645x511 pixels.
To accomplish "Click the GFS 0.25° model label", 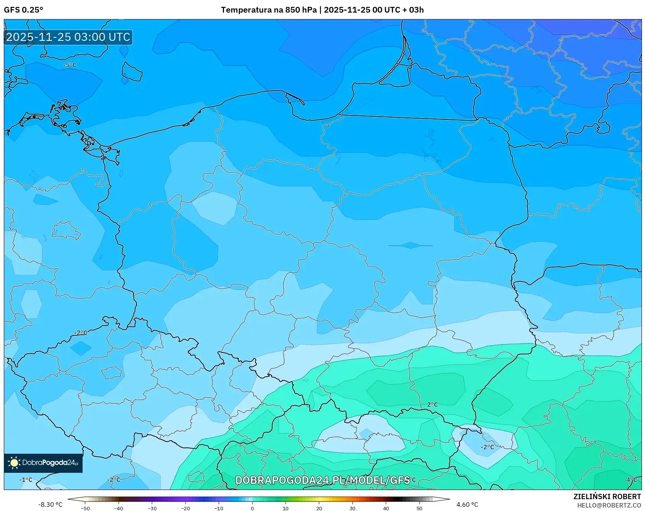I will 23,10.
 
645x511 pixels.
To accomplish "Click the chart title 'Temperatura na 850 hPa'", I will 268,10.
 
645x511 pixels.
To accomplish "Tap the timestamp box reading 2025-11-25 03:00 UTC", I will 68,37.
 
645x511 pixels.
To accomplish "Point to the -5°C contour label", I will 70,65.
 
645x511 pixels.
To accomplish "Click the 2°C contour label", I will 432,404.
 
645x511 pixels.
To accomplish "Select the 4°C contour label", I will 632,480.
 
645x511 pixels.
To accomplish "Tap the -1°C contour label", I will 26,480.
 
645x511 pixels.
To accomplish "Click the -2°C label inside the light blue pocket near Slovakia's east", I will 487,447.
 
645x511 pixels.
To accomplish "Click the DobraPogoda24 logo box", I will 43,463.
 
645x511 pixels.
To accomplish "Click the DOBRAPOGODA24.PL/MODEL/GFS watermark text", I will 322,480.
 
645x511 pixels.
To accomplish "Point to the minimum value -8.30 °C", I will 50,505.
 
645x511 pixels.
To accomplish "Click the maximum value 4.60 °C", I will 467,505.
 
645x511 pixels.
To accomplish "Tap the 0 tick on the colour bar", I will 252,508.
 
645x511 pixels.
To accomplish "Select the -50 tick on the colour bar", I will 85,508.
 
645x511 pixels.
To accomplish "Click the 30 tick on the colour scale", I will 352,508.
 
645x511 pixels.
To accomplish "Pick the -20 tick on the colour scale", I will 185,508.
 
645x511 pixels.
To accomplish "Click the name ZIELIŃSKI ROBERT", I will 607,496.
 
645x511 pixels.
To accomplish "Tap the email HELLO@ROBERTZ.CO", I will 609,505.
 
